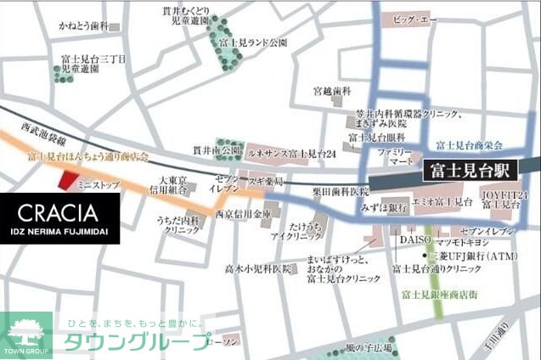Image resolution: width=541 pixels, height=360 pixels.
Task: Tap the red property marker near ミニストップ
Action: pos(65,178)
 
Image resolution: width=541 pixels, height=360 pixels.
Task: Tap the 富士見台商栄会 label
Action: pos(470,145)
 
